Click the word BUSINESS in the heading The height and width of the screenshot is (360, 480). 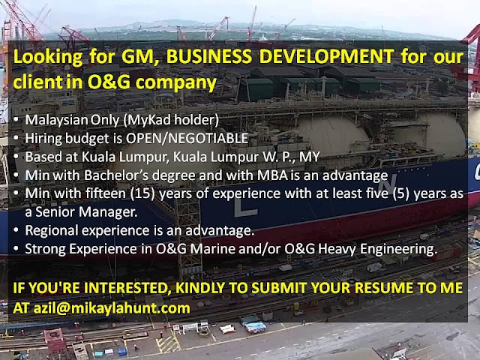(x=208, y=56)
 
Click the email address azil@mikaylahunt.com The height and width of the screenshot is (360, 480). (x=112, y=307)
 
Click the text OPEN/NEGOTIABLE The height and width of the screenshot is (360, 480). (x=187, y=138)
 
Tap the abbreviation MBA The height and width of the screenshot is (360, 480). (x=272, y=175)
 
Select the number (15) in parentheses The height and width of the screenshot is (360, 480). (x=142, y=193)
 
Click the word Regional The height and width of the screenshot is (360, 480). (x=52, y=230)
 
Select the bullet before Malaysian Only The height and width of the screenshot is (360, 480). (x=16, y=120)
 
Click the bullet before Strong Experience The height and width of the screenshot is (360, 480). (x=16, y=249)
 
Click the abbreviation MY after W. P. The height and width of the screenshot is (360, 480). (x=310, y=157)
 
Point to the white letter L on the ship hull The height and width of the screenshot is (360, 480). (x=245, y=208)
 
